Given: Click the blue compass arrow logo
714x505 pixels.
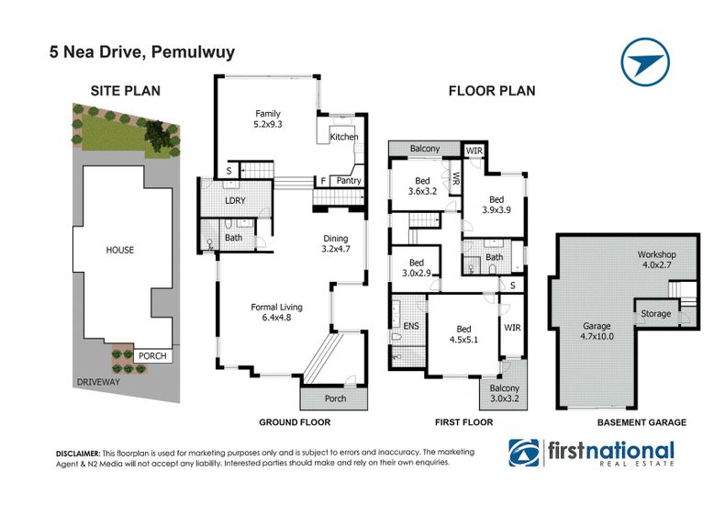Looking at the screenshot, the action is point(645,62).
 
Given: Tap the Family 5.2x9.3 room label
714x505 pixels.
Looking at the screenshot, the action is point(268,118).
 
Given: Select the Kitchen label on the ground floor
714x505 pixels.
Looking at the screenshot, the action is point(344,137).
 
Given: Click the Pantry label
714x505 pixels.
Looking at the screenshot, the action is point(349,181).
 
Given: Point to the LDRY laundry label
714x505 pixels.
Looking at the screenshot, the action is point(236,200).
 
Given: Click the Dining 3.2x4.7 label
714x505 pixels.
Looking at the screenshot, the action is point(336,243).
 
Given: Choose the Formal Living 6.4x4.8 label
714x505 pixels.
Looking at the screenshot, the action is point(276,312).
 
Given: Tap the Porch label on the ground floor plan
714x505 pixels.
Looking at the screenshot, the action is point(335,398).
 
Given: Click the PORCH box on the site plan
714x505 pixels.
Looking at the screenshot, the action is point(152,356).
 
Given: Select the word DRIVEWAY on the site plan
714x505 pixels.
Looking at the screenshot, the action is point(98,382).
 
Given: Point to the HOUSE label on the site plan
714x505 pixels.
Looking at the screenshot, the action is point(120,250).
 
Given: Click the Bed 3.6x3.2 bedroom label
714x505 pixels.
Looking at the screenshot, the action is point(422,186).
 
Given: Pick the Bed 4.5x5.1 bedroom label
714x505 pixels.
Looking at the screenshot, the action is point(463,334).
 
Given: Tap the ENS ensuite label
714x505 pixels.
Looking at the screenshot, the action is point(411,326).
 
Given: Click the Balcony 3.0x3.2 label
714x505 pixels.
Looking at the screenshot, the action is point(505,393).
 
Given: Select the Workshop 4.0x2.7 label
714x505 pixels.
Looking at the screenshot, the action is point(656,259).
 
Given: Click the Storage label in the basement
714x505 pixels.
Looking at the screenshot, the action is point(655,314).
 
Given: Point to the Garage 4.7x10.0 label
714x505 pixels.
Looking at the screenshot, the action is point(597,331).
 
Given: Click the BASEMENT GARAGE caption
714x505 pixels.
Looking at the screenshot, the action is point(641,422).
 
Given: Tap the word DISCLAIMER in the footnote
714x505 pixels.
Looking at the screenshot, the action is point(78,454).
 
